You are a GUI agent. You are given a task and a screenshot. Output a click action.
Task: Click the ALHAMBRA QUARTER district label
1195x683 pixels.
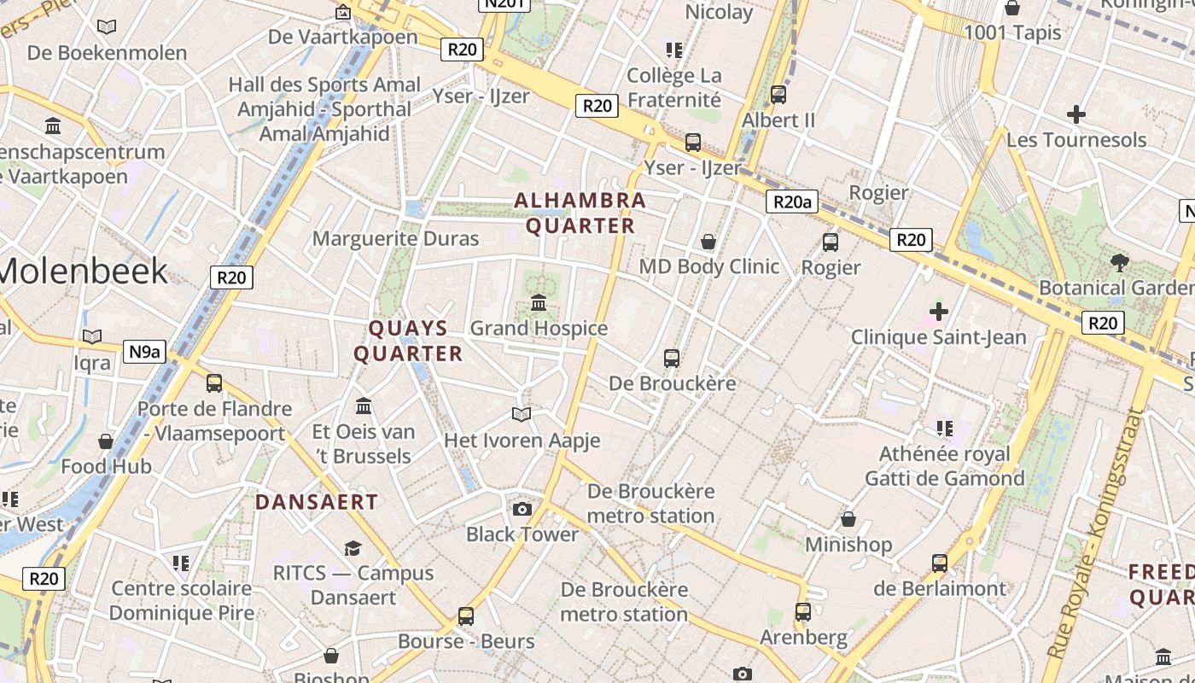click(x=580, y=213)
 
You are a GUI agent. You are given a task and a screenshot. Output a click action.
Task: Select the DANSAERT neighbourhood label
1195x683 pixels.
click(x=317, y=502)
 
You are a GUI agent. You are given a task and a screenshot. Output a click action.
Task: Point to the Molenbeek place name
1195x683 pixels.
click(x=84, y=271)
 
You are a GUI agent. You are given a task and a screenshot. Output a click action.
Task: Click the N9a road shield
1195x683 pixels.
click(x=144, y=352)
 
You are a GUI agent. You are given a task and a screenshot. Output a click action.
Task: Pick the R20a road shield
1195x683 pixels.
click(x=791, y=202)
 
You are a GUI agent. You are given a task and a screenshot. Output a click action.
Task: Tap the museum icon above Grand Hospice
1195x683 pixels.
click(x=539, y=303)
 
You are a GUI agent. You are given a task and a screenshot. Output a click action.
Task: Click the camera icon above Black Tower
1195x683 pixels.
click(x=522, y=510)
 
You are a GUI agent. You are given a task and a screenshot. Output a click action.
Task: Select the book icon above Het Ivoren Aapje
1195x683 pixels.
click(x=522, y=415)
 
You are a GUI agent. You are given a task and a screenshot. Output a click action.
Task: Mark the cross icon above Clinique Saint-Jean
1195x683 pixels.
click(x=938, y=312)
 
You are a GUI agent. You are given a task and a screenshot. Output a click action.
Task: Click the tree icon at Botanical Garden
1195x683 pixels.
click(x=1119, y=263)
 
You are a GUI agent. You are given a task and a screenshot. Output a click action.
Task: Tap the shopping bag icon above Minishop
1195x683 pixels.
click(x=848, y=519)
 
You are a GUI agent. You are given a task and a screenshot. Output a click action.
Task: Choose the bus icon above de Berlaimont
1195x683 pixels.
click(x=940, y=563)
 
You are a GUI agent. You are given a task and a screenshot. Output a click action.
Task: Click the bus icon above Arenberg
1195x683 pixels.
click(x=803, y=612)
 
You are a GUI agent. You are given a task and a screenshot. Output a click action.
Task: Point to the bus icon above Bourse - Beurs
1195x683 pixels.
click(x=466, y=616)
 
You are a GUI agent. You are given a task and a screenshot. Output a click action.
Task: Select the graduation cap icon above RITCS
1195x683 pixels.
click(x=353, y=548)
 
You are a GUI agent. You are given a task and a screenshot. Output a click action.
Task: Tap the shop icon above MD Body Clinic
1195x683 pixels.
click(x=708, y=242)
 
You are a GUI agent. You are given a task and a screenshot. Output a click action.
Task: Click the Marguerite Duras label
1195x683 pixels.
click(x=396, y=238)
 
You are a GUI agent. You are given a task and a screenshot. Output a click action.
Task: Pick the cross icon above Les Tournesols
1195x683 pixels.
click(x=1076, y=114)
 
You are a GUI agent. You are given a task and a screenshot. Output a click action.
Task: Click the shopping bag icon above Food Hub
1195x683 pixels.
click(x=106, y=441)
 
